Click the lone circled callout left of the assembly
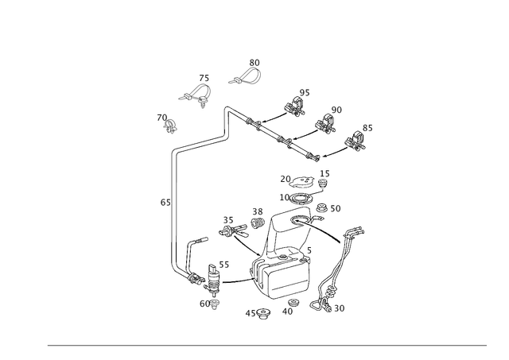(x=164, y=203)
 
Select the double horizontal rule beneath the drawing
(x=266, y=345)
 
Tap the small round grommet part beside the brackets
(x=169, y=122)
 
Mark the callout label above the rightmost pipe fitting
(x=367, y=126)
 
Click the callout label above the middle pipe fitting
(x=336, y=108)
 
